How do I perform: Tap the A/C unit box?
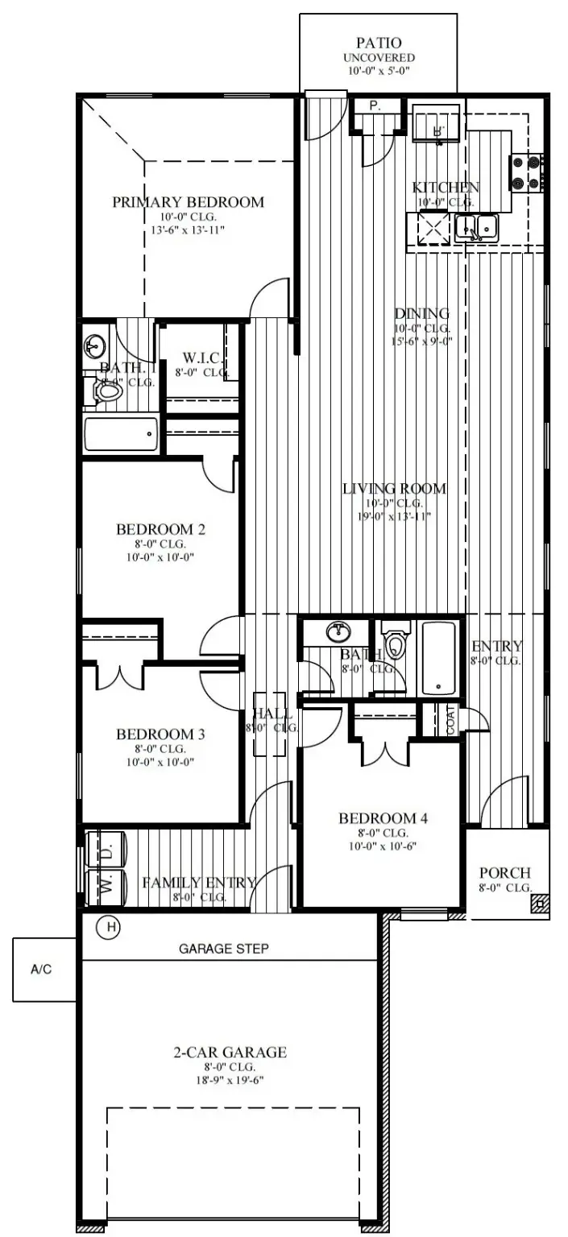click(x=41, y=970)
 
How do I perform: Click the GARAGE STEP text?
click(x=224, y=949)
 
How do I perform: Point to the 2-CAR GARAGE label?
click(x=230, y=1052)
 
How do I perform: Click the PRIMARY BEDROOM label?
click(x=188, y=202)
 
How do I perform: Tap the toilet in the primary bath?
click(x=106, y=391)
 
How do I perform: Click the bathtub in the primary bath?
click(x=119, y=436)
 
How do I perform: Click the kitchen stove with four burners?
click(x=528, y=172)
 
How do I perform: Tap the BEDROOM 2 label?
click(x=160, y=529)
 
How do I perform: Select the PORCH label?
click(x=505, y=873)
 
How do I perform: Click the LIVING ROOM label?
click(x=394, y=489)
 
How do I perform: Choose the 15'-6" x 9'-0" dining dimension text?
click(x=421, y=341)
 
